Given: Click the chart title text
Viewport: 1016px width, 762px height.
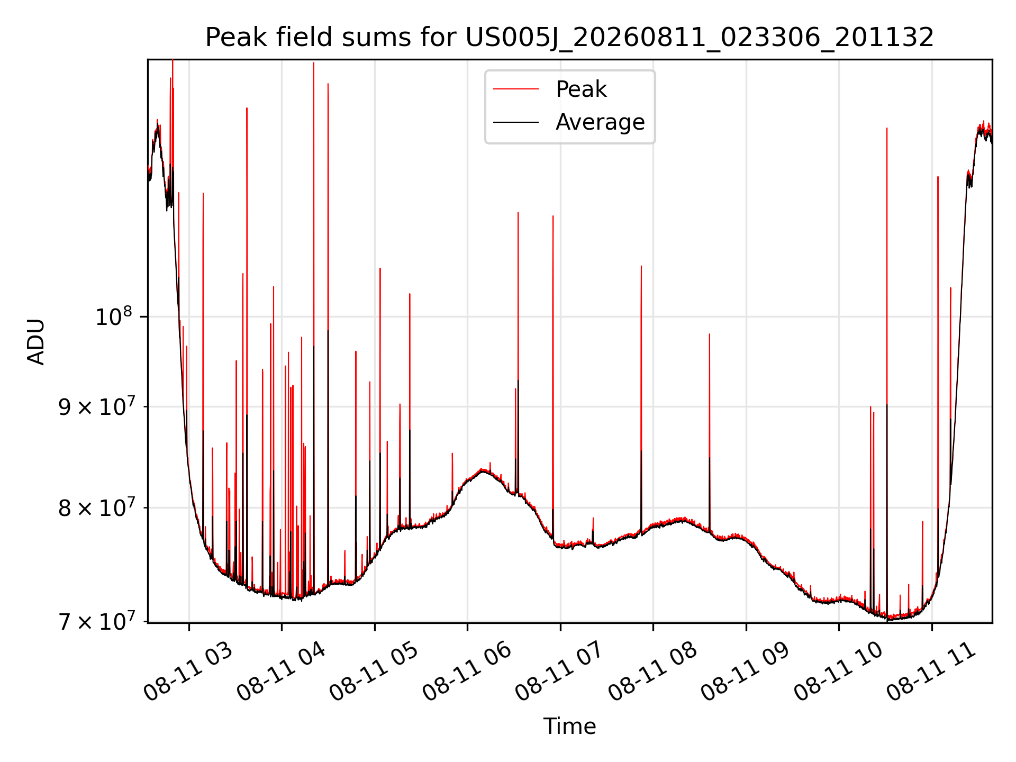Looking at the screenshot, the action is [569, 38].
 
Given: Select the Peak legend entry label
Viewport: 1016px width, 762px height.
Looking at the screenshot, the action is [581, 89].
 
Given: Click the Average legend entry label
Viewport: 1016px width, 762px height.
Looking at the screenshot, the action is [600, 122].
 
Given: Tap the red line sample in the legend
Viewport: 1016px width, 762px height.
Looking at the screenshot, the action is [516, 89].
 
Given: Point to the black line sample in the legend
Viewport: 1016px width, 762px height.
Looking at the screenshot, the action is [516, 122].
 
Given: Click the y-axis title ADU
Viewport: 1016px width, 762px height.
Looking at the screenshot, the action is [36, 342].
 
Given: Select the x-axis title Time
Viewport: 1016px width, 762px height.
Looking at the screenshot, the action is [569, 727].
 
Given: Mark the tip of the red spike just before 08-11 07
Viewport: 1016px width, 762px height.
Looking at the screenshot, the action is [553, 216].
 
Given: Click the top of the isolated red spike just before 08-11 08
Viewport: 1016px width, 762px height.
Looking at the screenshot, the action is [641, 266].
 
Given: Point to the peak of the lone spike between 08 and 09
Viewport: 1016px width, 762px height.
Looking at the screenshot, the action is [710, 334].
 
